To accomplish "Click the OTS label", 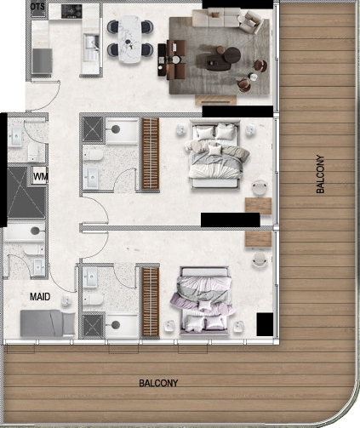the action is pos(37,7).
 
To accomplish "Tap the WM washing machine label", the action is pos(40,177).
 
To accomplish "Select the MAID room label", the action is pos(40,297).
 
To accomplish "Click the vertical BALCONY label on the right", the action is pos(320,174).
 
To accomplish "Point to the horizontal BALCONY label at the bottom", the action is pos(158,384).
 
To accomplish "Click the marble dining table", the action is pos(129,39).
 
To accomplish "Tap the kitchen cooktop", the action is pos(71,12).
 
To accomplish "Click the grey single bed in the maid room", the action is pos(48,323).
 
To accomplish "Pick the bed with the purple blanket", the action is pos(204,300).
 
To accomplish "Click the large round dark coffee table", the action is pos(232,55).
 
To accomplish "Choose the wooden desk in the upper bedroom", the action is pos(258,206).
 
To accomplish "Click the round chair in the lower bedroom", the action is pos(260,260).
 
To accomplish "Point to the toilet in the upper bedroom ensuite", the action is pos(94,155).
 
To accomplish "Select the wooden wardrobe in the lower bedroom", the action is pos(150,302).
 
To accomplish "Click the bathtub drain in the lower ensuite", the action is pos(116,325).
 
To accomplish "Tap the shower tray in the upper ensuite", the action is pos(93,129).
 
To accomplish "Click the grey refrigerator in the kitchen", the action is pos(42,61).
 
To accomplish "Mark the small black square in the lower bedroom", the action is pos(265,324).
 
